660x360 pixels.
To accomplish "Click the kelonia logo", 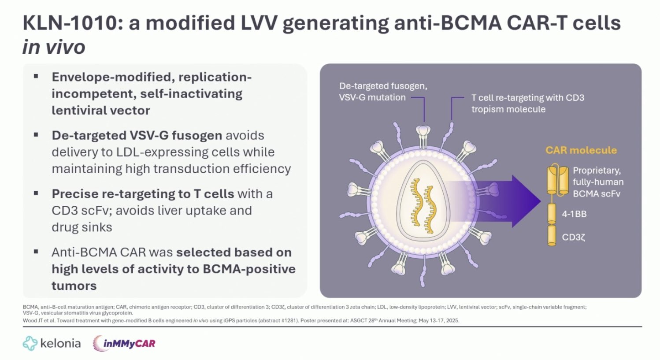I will (x=52, y=343).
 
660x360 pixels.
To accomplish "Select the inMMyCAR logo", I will (x=124, y=343).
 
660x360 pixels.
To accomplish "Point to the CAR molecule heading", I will (x=581, y=150).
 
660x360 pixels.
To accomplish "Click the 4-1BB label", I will (x=574, y=214).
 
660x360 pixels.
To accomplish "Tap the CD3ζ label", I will (x=573, y=238).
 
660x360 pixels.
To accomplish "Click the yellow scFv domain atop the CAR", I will (x=557, y=180).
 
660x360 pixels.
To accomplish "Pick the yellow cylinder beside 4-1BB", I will (x=552, y=214).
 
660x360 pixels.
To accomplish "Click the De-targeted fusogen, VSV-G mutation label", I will (x=382, y=92).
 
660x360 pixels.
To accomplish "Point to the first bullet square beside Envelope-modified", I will (x=36, y=76).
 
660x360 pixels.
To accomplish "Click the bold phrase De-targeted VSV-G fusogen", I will (x=137, y=135).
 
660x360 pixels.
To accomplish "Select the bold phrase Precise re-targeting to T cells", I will (x=143, y=194).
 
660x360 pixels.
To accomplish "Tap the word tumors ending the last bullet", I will (x=74, y=286).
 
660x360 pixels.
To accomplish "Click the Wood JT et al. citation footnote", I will (x=241, y=320).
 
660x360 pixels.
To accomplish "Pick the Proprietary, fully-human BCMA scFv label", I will (x=597, y=182).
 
